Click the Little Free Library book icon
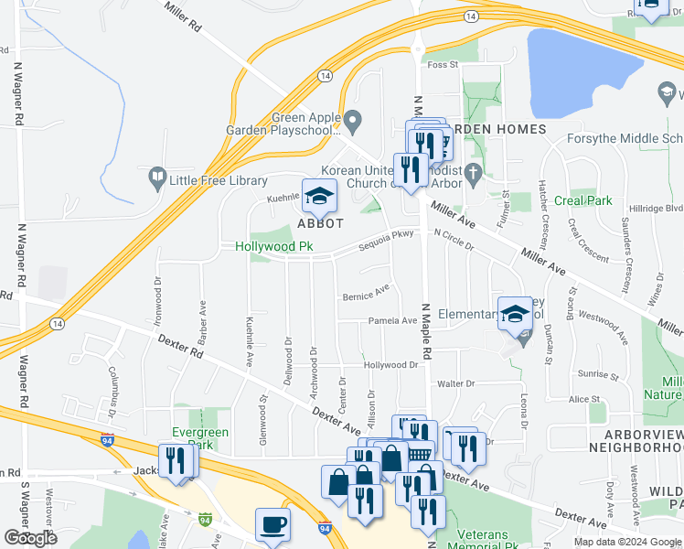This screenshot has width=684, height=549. tap(157, 176)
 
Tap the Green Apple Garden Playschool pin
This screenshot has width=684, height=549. tap(352, 120)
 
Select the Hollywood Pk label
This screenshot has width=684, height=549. tap(274, 246)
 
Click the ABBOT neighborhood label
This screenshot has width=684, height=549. tap(319, 223)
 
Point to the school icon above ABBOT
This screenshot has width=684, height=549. tap(319, 196)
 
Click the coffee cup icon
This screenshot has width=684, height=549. tap(273, 525)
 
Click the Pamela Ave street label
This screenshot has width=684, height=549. tap(391, 321)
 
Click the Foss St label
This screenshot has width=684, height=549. tap(442, 65)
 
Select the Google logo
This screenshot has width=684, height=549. tap(30, 538)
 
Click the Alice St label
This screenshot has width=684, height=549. tap(582, 399)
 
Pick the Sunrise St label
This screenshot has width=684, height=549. tap(599, 374)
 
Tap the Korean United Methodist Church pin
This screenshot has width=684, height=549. tap(473, 171)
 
